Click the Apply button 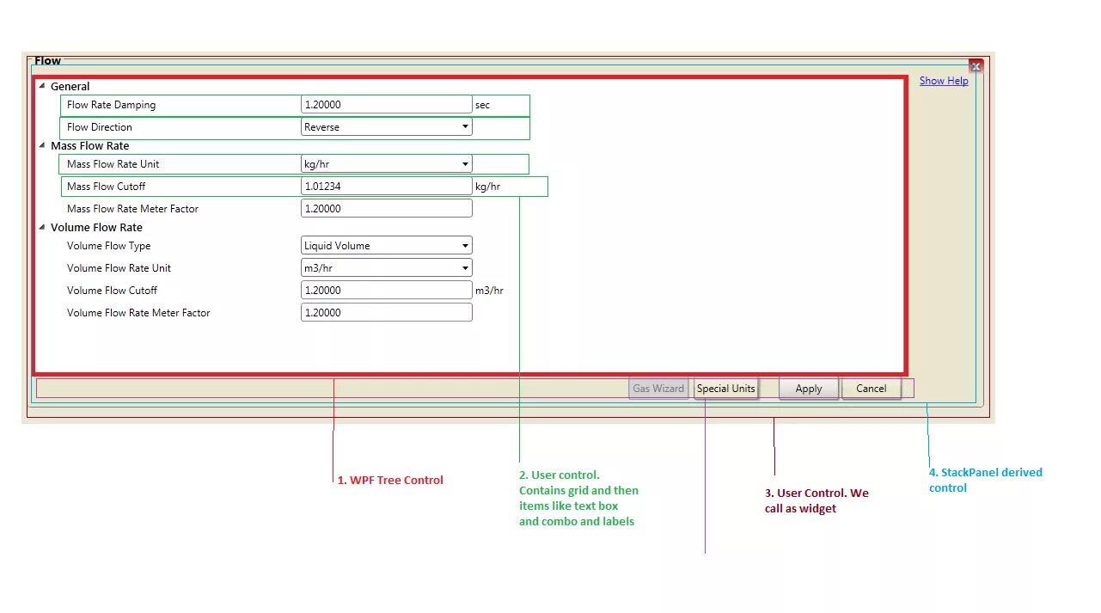point(808,389)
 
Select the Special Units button point(725,389)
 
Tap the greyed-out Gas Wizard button point(658,389)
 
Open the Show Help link point(943,81)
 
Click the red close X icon point(976,66)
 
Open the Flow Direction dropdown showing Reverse point(387,127)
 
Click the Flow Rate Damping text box point(387,105)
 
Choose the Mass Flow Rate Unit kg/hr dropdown point(387,164)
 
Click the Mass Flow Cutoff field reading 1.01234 point(387,187)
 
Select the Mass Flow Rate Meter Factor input point(387,209)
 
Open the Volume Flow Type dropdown point(387,246)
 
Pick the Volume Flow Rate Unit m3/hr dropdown point(387,268)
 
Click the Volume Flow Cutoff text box point(387,291)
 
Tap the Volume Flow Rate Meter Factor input point(387,313)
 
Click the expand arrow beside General point(42,86)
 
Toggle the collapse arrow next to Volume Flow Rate point(42,228)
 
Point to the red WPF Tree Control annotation point(390,481)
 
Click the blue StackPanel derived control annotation point(985,480)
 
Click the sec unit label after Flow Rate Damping point(482,105)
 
